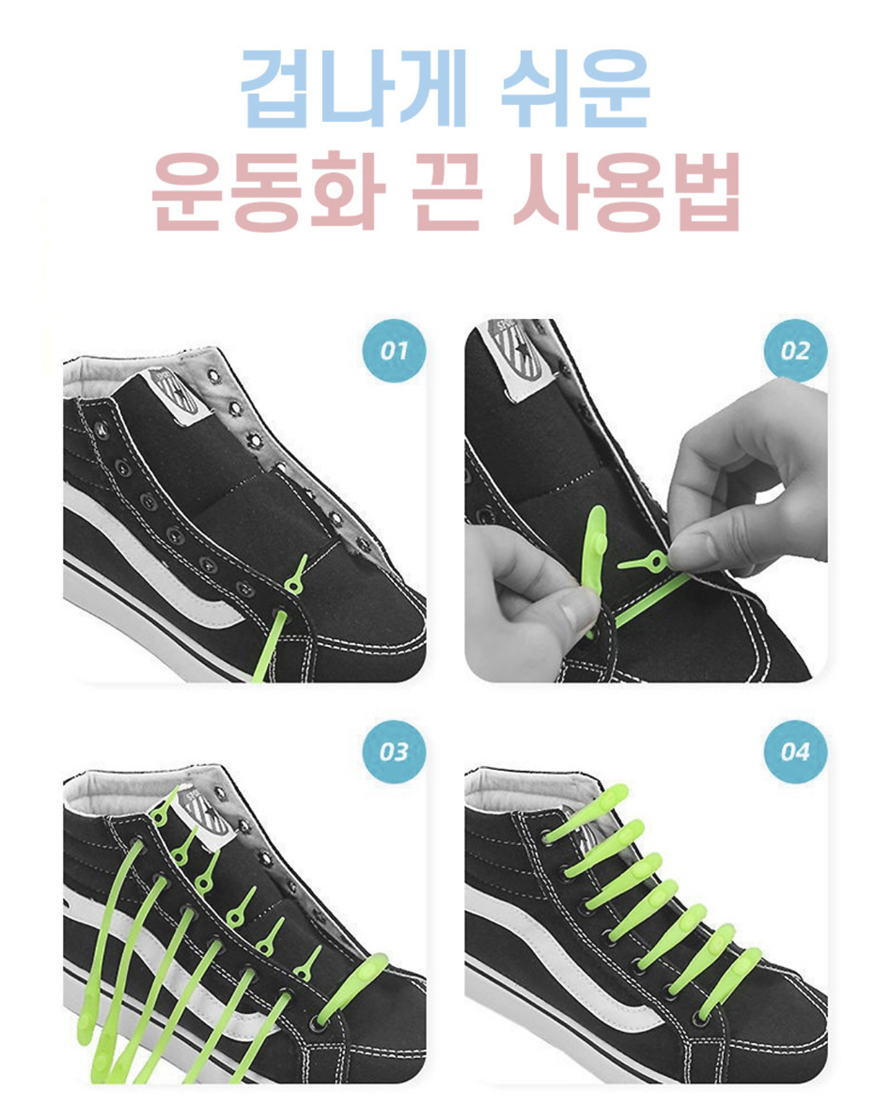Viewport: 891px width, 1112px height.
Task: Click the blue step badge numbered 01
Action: (394, 351)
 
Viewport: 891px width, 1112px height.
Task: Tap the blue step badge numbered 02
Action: (795, 351)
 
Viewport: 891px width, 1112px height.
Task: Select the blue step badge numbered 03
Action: (394, 752)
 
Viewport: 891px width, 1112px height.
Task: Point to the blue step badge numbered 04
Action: (795, 752)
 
